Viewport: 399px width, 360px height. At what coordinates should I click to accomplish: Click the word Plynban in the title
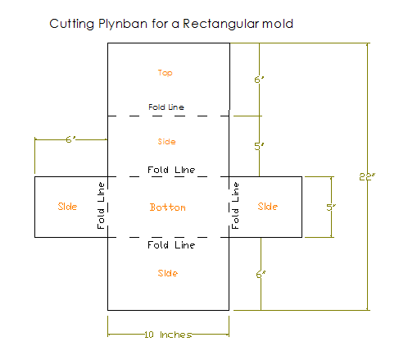(x=123, y=24)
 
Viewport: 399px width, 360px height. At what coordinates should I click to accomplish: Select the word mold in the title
(x=278, y=24)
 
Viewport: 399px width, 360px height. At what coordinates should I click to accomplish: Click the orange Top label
(x=165, y=73)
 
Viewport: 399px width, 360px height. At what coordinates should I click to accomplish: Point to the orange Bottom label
(x=168, y=207)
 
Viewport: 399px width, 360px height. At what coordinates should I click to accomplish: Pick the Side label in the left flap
(x=67, y=207)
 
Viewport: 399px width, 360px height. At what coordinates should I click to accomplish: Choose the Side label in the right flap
(x=268, y=207)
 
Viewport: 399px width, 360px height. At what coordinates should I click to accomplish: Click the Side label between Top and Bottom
(x=166, y=142)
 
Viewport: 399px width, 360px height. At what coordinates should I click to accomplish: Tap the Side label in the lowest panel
(x=168, y=273)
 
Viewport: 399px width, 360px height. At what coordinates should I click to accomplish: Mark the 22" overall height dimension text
(x=367, y=177)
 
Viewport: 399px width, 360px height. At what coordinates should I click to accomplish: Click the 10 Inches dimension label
(x=168, y=335)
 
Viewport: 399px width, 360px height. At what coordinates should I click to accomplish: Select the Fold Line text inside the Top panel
(x=166, y=107)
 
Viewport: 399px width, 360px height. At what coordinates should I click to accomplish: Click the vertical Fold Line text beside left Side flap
(x=101, y=205)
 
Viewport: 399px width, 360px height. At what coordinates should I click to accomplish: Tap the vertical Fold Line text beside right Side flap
(x=235, y=205)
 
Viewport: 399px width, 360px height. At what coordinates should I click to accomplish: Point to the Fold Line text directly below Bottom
(x=171, y=245)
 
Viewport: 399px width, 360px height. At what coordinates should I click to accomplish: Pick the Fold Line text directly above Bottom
(x=171, y=170)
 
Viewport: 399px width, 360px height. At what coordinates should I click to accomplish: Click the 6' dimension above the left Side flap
(x=71, y=139)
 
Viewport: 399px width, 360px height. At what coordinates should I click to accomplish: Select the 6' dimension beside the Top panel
(x=259, y=80)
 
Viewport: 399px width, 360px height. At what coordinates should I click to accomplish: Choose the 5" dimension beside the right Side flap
(x=331, y=207)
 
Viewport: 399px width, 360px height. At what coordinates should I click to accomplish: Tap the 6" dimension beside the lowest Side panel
(x=261, y=274)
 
